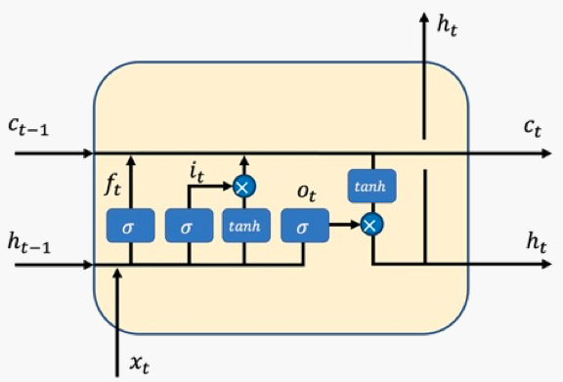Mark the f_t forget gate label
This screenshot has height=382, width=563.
click(113, 184)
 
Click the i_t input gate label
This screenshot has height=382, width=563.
click(196, 174)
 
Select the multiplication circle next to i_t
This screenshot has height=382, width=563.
click(243, 185)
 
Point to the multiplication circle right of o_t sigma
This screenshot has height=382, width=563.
click(371, 226)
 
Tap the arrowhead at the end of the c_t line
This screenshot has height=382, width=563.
click(554, 154)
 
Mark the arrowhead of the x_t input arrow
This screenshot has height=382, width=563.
click(118, 273)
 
